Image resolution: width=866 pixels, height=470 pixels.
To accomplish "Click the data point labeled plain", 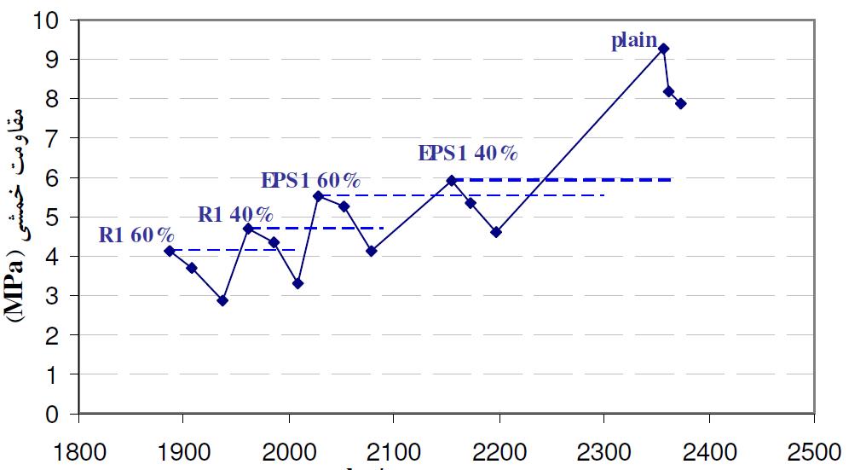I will (x=663, y=49).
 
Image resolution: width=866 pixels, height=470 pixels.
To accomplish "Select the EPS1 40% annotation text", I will (x=468, y=154).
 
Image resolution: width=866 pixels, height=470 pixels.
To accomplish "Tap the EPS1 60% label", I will (x=310, y=180).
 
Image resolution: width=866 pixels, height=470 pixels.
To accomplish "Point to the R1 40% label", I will (x=235, y=213).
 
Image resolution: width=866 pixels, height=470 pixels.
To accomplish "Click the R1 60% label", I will (x=136, y=235).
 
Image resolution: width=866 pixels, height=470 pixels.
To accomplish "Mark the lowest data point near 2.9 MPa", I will (x=222, y=300).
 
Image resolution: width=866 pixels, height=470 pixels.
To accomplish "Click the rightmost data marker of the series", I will (x=681, y=104).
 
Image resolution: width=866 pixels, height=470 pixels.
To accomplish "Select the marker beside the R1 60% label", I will (x=170, y=251).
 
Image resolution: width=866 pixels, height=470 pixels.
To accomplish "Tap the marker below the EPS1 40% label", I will (x=452, y=180).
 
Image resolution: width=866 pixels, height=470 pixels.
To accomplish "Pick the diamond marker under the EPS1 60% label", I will (x=318, y=195).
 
